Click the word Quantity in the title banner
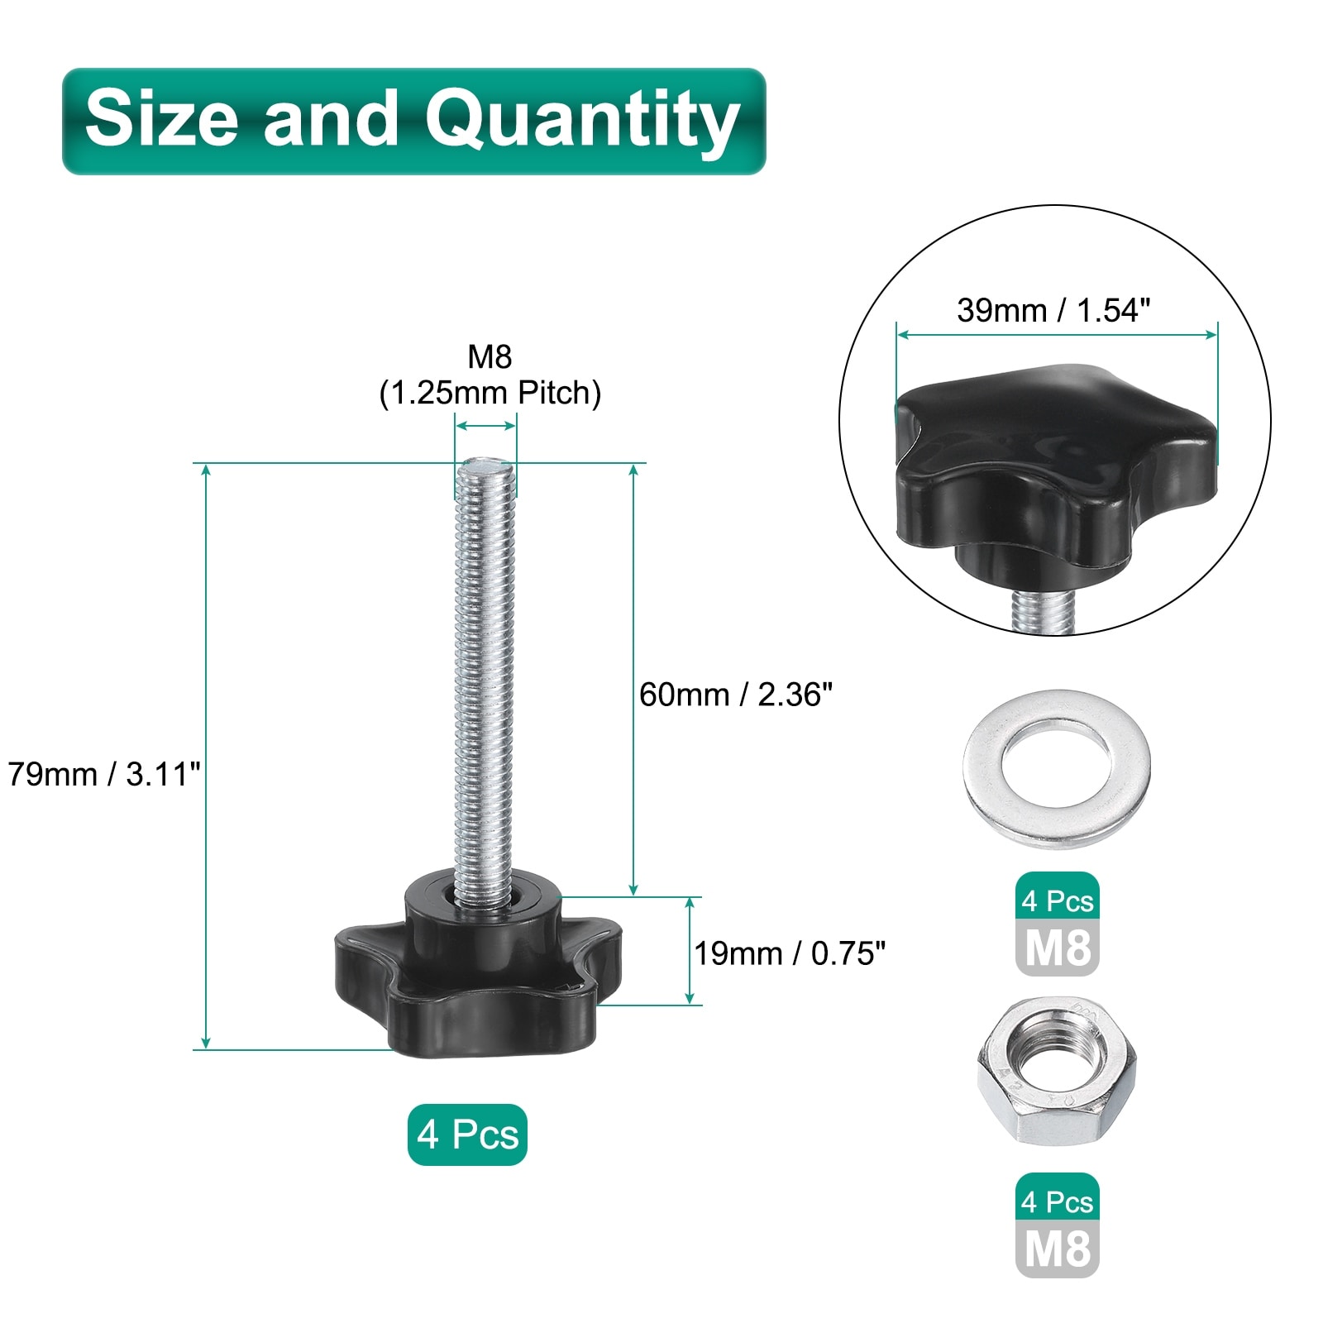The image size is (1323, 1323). pyautogui.click(x=582, y=120)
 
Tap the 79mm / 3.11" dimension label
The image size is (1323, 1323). pyautogui.click(x=104, y=775)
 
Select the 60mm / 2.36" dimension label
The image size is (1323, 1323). pyautogui.click(x=736, y=695)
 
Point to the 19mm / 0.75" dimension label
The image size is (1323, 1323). pyautogui.click(x=790, y=953)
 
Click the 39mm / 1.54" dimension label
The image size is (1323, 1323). pyautogui.click(x=1053, y=310)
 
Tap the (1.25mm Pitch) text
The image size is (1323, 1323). pyautogui.click(x=490, y=393)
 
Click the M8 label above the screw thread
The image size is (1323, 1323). pyautogui.click(x=490, y=356)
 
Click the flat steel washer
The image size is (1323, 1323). pyautogui.click(x=1057, y=768)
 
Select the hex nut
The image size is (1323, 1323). pyautogui.click(x=1057, y=1070)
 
